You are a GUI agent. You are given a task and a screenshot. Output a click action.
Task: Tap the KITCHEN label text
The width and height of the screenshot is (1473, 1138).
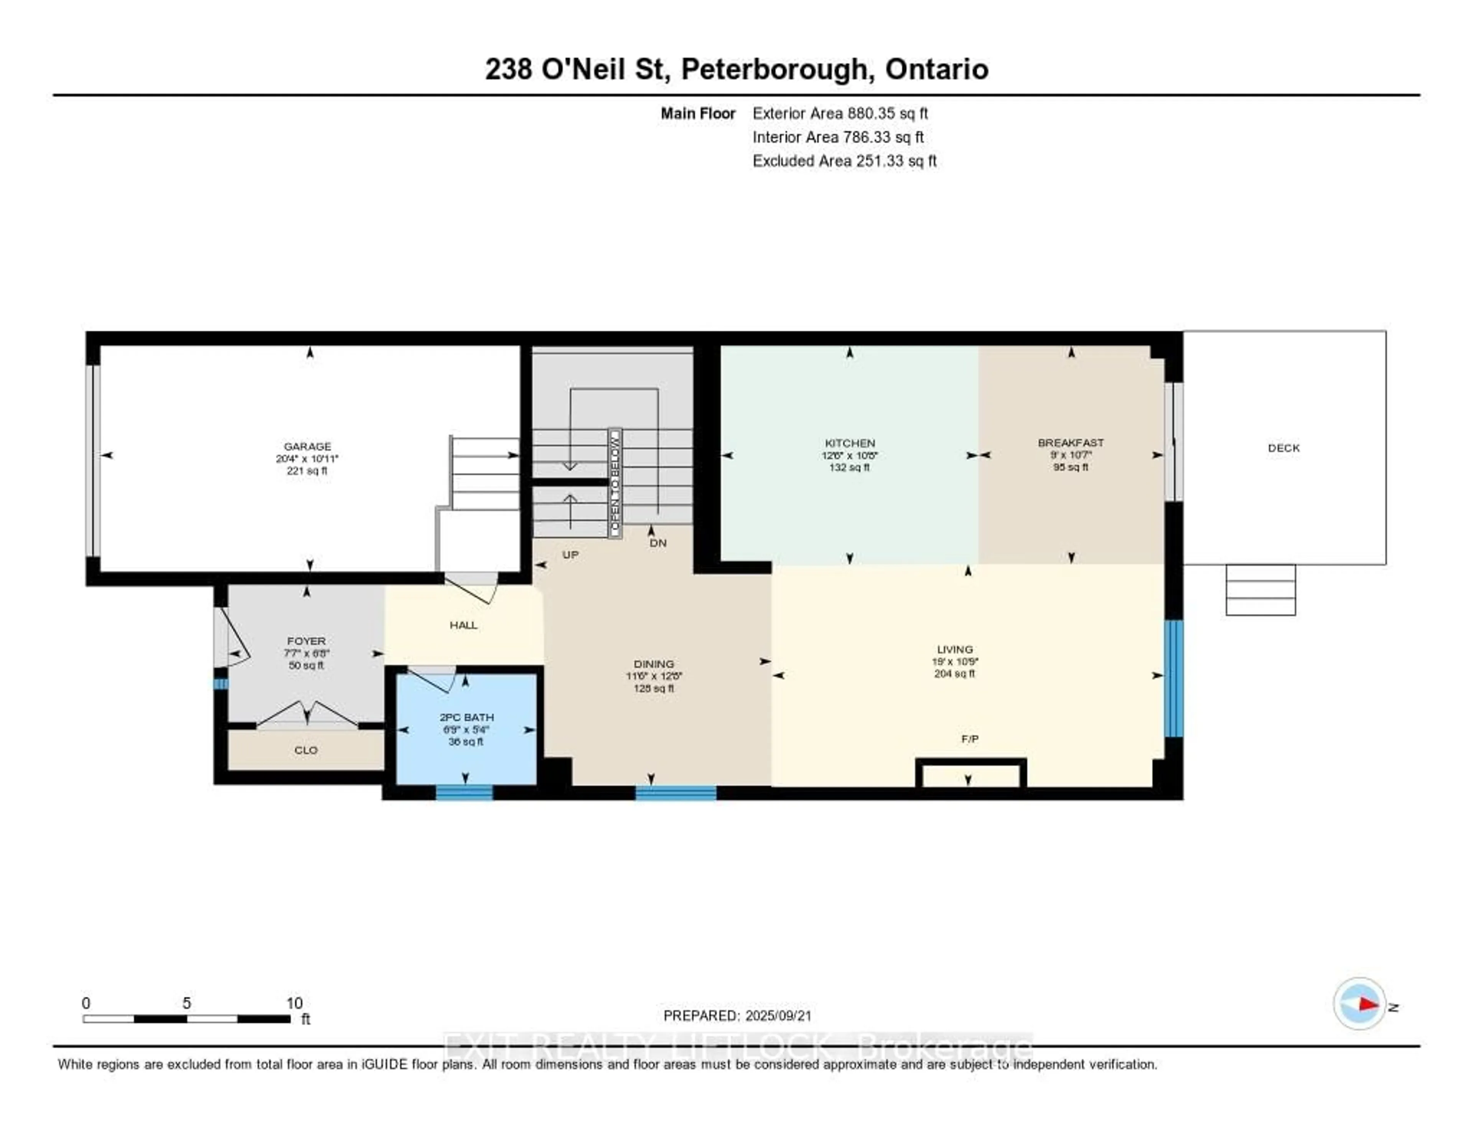pyautogui.click(x=850, y=443)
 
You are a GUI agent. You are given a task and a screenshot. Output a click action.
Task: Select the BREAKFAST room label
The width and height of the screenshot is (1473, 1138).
pyautogui.click(x=1070, y=442)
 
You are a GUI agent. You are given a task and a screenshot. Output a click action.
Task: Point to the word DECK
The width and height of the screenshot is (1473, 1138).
pyautogui.click(x=1284, y=448)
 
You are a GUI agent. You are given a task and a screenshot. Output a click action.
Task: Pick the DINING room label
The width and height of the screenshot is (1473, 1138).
pyautogui.click(x=654, y=664)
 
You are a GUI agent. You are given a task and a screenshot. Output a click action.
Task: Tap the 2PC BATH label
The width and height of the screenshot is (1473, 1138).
pyautogui.click(x=466, y=717)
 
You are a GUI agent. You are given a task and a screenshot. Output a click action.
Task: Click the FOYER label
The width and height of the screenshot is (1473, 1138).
pyautogui.click(x=306, y=641)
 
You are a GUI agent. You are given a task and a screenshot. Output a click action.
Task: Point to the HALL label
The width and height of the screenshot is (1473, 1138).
pyautogui.click(x=463, y=625)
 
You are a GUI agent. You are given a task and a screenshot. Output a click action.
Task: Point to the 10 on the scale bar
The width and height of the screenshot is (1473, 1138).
pyautogui.click(x=294, y=1003)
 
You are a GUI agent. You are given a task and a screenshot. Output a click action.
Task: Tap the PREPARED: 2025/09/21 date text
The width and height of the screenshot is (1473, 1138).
pyautogui.click(x=737, y=1016)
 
